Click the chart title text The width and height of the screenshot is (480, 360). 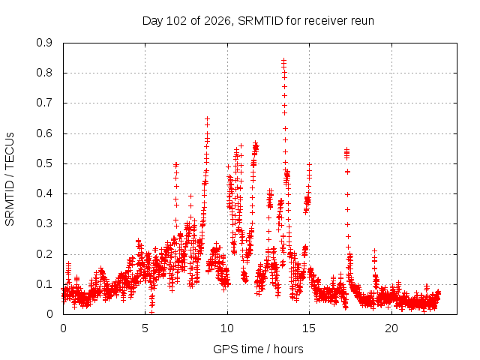pos(258,21)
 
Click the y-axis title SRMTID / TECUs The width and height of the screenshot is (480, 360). pos(10,179)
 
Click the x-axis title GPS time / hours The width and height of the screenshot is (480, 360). pos(258,349)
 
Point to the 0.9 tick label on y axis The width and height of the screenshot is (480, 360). pos(44,43)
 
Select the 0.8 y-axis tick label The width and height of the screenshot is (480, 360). pos(44,73)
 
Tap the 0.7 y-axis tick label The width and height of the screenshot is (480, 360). pos(44,103)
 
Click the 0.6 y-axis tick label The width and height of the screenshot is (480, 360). pos(44,133)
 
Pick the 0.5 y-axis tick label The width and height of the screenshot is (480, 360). pos(44,163)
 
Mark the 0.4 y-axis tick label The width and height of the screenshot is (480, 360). pos(44,193)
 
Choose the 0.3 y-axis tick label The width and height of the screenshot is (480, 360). pos(44,223)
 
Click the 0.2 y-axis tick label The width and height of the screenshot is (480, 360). pos(44,254)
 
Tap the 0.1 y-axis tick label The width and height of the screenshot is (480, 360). pos(44,284)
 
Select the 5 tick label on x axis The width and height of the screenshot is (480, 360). pos(145,328)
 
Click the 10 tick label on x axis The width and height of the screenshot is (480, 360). pos(227,328)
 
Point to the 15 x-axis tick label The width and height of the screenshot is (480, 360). pos(309,328)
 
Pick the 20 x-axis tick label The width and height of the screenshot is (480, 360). pos(391,328)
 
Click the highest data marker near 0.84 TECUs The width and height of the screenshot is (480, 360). pos(284,60)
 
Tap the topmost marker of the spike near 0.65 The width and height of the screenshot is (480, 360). pos(207,118)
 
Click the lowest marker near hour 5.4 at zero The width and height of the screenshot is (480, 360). pos(151,313)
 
